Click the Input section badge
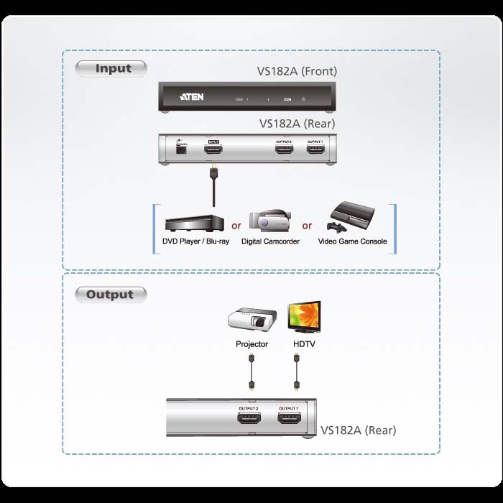pyautogui.click(x=111, y=69)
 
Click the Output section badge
pyautogui.click(x=110, y=294)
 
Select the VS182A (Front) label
pyautogui.click(x=297, y=71)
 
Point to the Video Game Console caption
pyautogui.click(x=352, y=241)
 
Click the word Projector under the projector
pyautogui.click(x=251, y=344)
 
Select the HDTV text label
pyautogui.click(x=304, y=344)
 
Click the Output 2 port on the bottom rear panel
pyautogui.click(x=249, y=418)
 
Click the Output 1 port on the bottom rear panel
pyautogui.click(x=289, y=418)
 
